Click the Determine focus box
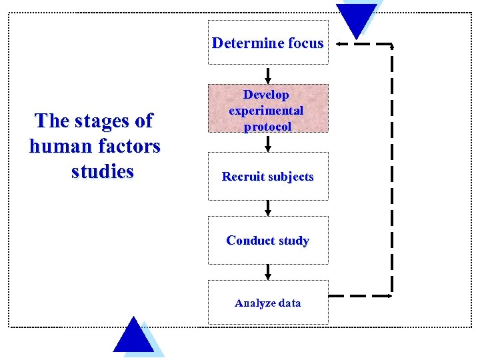(x=268, y=43)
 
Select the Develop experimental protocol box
(x=268, y=108)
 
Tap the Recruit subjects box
(x=268, y=177)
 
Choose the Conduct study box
(x=268, y=240)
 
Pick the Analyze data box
(x=268, y=303)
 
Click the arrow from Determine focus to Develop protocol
(x=268, y=73)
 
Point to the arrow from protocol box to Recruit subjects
(x=268, y=143)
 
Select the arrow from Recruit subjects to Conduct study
(x=268, y=207)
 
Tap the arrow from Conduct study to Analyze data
(x=268, y=271)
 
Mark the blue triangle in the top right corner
(x=357, y=18)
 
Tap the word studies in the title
(x=102, y=171)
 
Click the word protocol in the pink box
(x=268, y=126)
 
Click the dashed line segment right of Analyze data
(x=360, y=295)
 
